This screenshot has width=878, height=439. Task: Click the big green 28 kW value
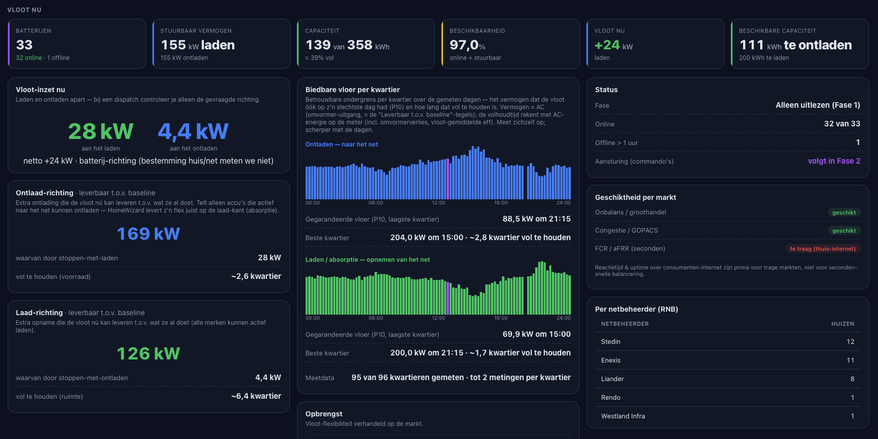pyautogui.click(x=101, y=131)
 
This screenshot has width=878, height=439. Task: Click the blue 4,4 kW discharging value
pyautogui.click(x=193, y=131)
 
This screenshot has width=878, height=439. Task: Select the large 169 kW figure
pyautogui.click(x=149, y=234)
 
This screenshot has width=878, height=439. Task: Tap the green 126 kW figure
pyautogui.click(x=149, y=353)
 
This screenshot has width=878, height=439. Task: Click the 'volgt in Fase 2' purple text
pyautogui.click(x=834, y=161)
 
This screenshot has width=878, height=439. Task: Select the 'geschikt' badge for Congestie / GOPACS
pyautogui.click(x=844, y=231)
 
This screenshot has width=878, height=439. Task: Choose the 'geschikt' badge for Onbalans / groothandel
pyautogui.click(x=844, y=212)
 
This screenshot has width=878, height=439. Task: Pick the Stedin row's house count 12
pyautogui.click(x=850, y=342)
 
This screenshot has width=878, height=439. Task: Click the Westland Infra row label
pyautogui.click(x=623, y=416)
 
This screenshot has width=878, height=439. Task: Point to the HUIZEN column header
pyautogui.click(x=843, y=324)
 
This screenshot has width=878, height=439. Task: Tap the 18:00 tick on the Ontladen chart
pyautogui.click(x=501, y=203)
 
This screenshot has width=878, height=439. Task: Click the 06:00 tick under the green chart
pyautogui.click(x=376, y=318)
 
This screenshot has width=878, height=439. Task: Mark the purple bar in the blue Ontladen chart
pyautogui.click(x=448, y=179)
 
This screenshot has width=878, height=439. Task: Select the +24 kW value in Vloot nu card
pyautogui.click(x=614, y=45)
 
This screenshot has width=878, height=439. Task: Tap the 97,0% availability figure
pyautogui.click(x=468, y=45)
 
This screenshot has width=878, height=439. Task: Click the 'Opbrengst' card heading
pyautogui.click(x=324, y=414)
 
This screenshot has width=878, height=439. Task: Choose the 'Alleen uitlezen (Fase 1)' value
pyautogui.click(x=818, y=105)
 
